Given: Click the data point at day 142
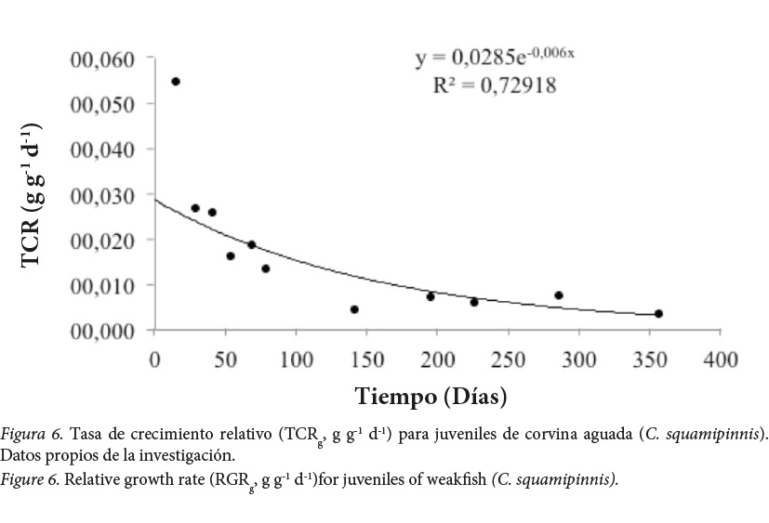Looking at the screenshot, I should pyautogui.click(x=354, y=309).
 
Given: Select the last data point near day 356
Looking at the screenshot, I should pyautogui.click(x=658, y=314).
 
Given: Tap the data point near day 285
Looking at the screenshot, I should pyautogui.click(x=559, y=295).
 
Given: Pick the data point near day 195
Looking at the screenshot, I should pyautogui.click(x=431, y=296).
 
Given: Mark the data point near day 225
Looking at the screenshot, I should pyautogui.click(x=473, y=302).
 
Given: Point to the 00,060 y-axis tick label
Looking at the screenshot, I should pyautogui.click(x=102, y=59).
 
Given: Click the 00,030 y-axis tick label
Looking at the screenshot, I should pyautogui.click(x=102, y=195).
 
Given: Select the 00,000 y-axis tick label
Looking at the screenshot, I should pyautogui.click(x=102, y=331).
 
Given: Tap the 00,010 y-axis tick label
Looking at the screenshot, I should pyautogui.click(x=102, y=285).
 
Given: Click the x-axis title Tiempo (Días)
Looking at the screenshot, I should pyautogui.click(x=431, y=397).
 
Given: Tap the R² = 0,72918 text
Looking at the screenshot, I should pyautogui.click(x=495, y=86).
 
